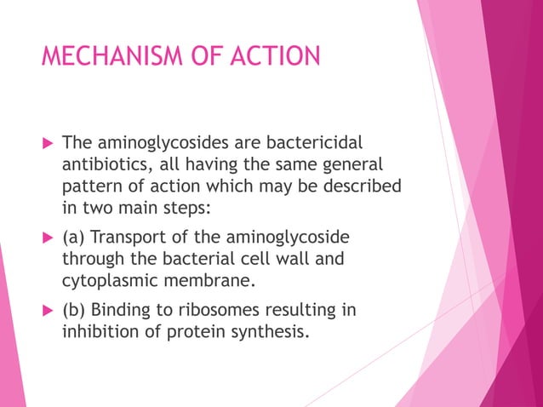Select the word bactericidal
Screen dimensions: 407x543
point(324,141)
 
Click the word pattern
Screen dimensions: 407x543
point(91,186)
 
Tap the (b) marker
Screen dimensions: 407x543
point(74,311)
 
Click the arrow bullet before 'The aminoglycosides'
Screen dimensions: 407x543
point(47,142)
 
